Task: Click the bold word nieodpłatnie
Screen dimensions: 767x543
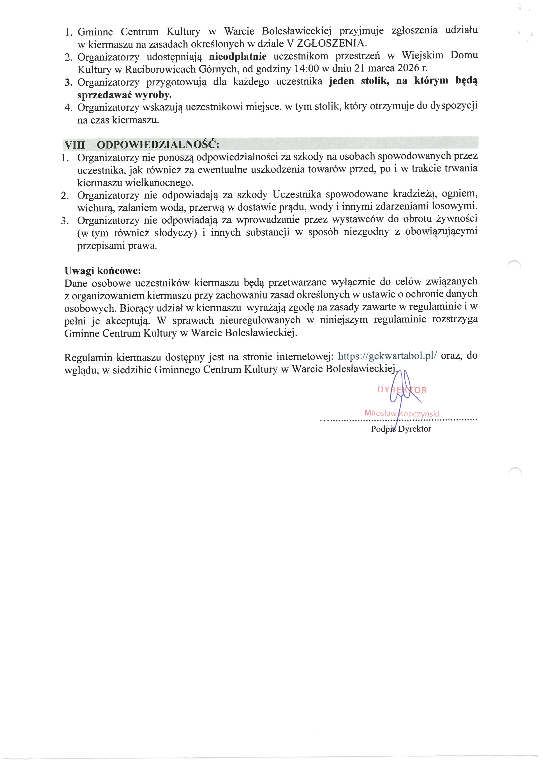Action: point(238,56)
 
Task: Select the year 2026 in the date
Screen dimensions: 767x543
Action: point(408,68)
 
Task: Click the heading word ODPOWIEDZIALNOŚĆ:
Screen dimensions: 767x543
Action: point(158,145)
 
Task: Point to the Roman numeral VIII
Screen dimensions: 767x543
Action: point(75,145)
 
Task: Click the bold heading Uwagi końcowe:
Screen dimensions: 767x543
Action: point(103,271)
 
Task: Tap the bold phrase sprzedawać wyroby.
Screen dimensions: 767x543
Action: point(124,95)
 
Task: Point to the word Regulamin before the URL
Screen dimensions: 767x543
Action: point(88,357)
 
